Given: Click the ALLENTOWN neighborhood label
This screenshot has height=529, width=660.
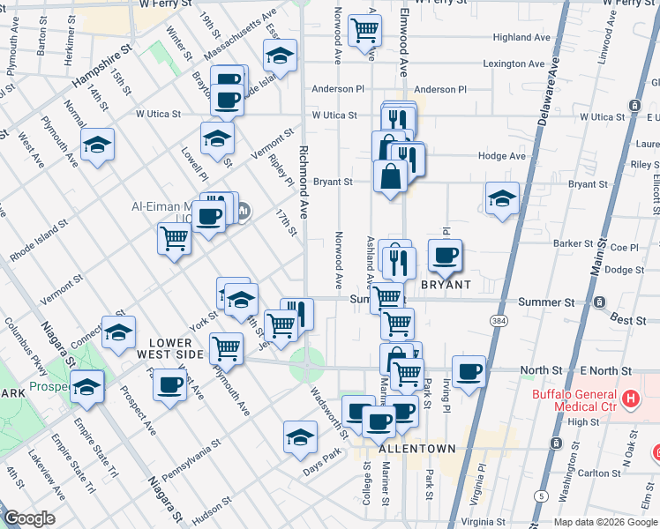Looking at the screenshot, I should click(416, 449).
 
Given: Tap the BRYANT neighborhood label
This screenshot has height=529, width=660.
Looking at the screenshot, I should click(446, 286).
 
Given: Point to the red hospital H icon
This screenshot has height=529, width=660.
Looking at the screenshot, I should click(630, 399).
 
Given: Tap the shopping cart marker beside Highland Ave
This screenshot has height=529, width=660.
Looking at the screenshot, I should click(364, 31).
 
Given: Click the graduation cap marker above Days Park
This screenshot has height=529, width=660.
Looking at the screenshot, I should click(300, 437).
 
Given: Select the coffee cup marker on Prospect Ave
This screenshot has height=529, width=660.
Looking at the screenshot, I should click(169, 385).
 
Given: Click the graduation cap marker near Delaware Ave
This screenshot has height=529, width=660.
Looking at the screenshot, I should click(501, 198).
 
